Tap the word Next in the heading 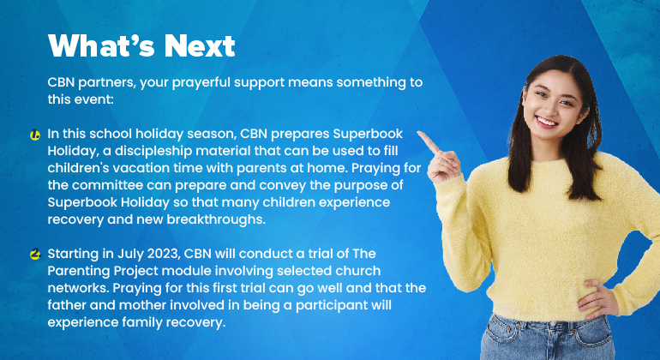(x=200, y=45)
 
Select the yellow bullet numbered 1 (x=35, y=135)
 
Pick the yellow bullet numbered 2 (x=35, y=255)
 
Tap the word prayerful (x=201, y=83)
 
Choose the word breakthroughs (x=216, y=219)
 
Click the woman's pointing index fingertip (x=419, y=134)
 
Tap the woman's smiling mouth (x=546, y=122)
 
